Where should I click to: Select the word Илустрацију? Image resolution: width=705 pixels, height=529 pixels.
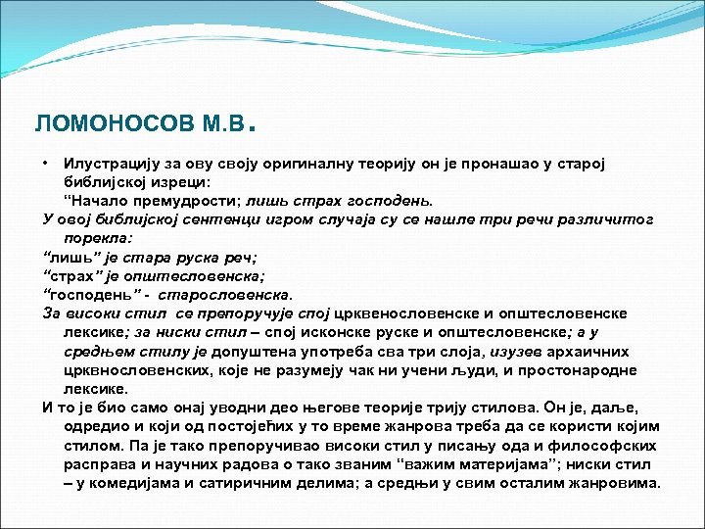[110, 161]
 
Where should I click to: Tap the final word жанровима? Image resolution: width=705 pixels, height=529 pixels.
[613, 483]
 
